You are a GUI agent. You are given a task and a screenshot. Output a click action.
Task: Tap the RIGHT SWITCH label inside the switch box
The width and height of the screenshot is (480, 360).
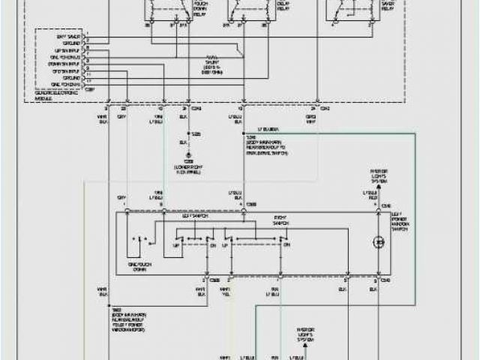[x=282, y=223]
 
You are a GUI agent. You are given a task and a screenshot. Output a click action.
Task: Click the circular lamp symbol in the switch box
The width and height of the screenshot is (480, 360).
[x=379, y=242]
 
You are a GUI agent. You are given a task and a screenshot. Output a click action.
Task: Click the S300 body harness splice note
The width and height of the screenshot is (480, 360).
[x=268, y=148]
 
